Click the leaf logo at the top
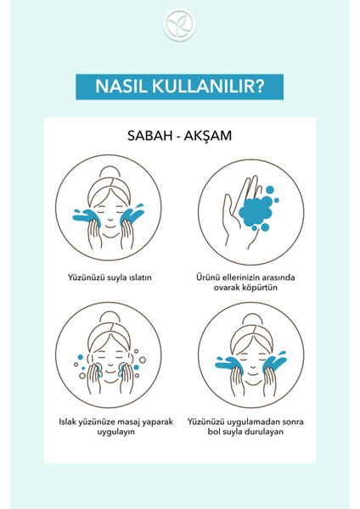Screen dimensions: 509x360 point(180,25)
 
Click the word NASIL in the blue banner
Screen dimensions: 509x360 point(125,87)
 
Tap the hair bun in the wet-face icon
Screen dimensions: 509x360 point(110,174)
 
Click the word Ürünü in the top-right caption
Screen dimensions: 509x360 point(208,276)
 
